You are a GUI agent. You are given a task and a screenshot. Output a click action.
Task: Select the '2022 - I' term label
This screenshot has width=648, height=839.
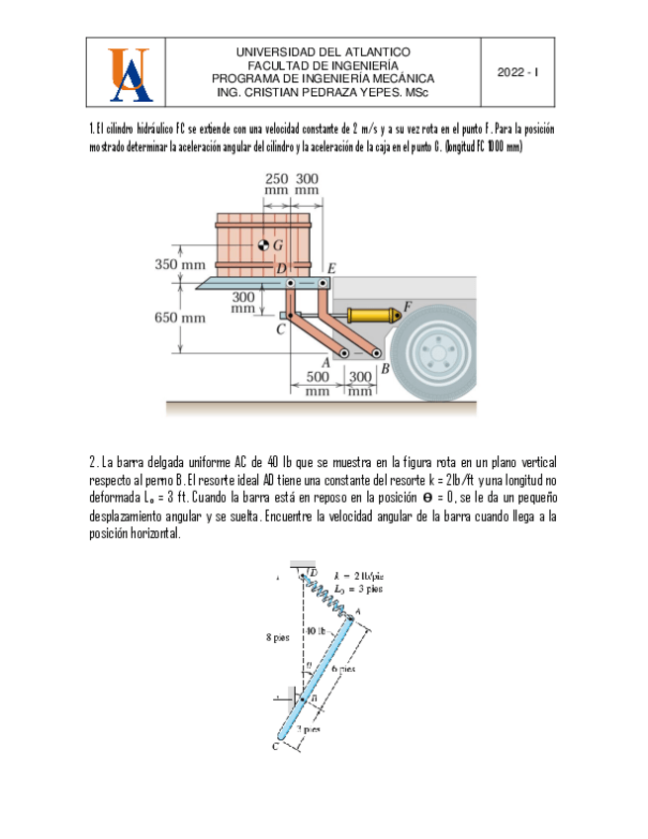click(517, 73)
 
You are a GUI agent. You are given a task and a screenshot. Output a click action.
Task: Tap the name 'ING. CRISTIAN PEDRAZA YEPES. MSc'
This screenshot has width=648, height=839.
click(323, 92)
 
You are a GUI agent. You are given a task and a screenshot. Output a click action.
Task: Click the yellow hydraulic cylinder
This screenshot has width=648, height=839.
click(372, 316)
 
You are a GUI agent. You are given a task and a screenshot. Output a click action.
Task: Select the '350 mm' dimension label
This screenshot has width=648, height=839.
click(179, 264)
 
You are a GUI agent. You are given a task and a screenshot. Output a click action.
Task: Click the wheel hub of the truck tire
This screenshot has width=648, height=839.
click(436, 354)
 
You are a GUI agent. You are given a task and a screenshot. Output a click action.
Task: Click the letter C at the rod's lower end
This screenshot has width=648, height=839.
click(277, 746)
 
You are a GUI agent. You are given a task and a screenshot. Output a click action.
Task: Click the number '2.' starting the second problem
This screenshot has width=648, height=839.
click(94, 462)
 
